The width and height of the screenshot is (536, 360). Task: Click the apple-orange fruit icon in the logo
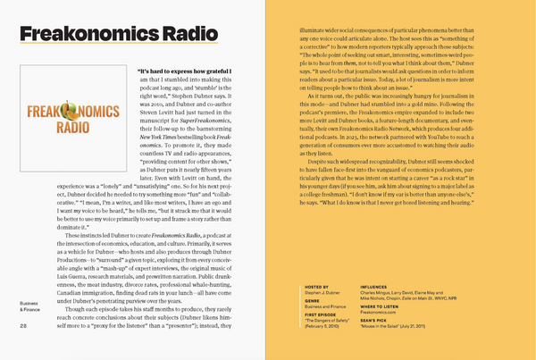pos(65,113)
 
